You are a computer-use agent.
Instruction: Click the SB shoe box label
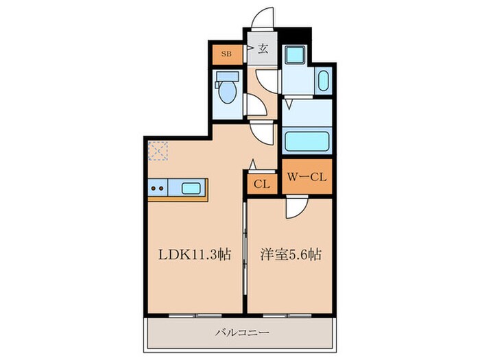tap(226, 52)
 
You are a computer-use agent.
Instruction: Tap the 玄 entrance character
tap(263, 49)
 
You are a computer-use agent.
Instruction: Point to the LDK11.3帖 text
tap(195, 254)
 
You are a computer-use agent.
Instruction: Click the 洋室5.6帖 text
tap(290, 254)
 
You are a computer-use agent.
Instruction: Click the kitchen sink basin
tap(191, 187)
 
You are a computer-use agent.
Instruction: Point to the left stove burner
tap(154, 187)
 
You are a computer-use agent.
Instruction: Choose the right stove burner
tap(164, 187)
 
